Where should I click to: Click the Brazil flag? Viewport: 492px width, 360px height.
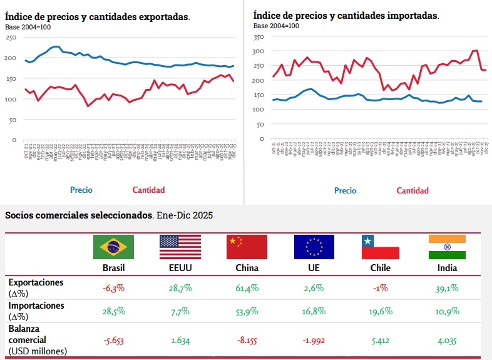pos(113,247)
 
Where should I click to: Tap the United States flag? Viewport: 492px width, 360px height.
pos(180,247)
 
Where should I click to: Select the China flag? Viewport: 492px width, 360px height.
pos(247,247)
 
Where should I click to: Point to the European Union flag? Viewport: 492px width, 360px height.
pos(314,247)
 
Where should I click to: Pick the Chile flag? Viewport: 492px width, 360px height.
pos(381,247)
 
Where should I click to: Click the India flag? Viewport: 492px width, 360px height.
pos(447,247)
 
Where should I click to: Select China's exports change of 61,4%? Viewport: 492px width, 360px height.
pos(247,288)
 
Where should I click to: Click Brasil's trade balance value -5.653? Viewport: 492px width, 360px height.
pos(113,341)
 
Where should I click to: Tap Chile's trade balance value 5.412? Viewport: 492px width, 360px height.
pos(381,341)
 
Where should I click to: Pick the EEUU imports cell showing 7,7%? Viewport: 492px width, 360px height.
pos(180,311)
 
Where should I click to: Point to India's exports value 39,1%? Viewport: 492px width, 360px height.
pos(447,288)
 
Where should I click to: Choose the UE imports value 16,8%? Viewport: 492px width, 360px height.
pos(314,311)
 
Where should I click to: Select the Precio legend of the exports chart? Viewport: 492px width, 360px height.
pos(81,190)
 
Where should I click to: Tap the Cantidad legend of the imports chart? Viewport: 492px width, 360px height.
pos(413,190)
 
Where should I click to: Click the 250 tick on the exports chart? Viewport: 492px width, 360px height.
pos(11,38)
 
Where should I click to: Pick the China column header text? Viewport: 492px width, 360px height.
pos(247,268)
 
